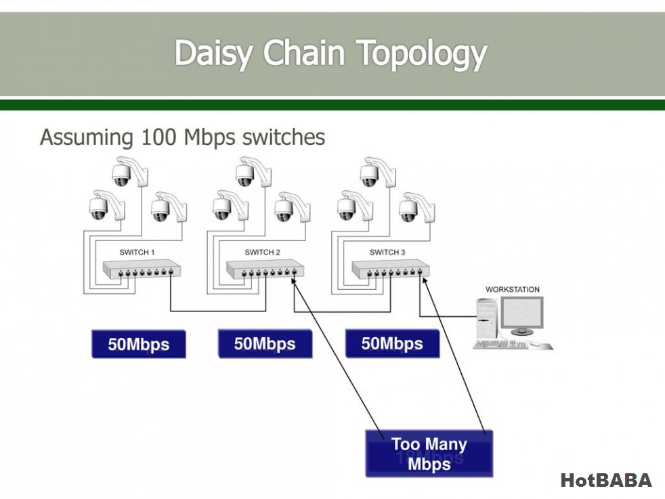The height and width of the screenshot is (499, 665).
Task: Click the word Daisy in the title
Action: (x=216, y=53)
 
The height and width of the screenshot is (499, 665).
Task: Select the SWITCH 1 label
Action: (x=137, y=253)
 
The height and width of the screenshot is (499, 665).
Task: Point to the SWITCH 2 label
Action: (x=262, y=253)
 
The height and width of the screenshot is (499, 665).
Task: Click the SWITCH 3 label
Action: (x=387, y=253)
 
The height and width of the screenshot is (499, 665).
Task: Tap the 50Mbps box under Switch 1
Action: (x=138, y=344)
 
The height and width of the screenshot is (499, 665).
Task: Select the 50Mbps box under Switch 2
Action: (x=265, y=344)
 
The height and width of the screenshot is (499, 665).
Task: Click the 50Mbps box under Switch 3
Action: (x=391, y=344)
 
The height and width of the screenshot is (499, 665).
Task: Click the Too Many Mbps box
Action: (x=429, y=454)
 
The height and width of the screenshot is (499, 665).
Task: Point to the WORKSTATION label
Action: (x=513, y=290)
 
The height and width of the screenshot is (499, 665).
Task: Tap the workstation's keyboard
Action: (x=501, y=345)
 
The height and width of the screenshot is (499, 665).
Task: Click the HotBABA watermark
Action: (x=606, y=481)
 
